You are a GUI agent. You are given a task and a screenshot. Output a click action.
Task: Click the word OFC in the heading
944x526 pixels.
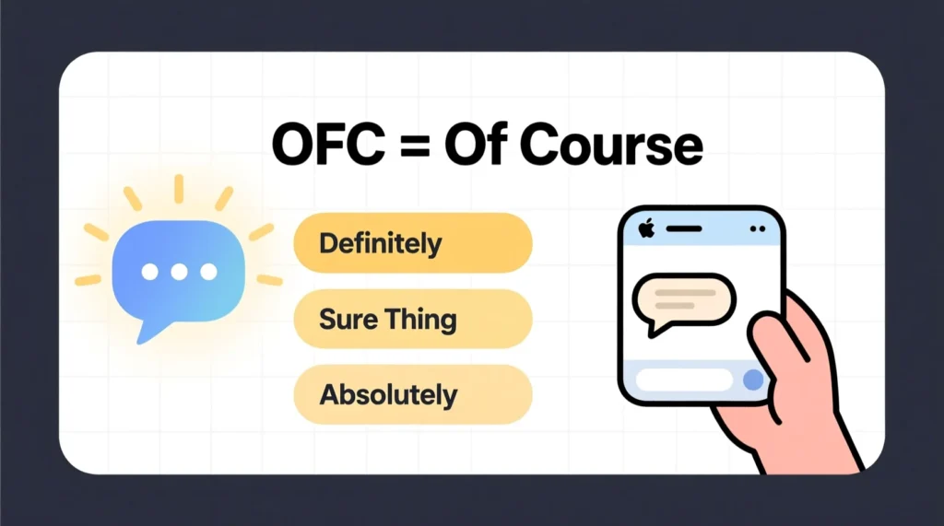[324, 146]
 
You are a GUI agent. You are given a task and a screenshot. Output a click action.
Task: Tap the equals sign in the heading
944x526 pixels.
[412, 148]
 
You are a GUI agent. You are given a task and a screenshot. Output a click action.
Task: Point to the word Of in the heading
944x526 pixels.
[479, 146]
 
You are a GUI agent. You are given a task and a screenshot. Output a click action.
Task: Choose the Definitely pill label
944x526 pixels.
[380, 244]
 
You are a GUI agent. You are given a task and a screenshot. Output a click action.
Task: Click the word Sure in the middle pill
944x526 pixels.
[348, 320]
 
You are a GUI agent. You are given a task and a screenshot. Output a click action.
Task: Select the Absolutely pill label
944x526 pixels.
[388, 395]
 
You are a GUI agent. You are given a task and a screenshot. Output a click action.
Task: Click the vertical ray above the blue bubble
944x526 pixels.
[179, 188]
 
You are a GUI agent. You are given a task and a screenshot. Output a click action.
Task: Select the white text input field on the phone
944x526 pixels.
[685, 380]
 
